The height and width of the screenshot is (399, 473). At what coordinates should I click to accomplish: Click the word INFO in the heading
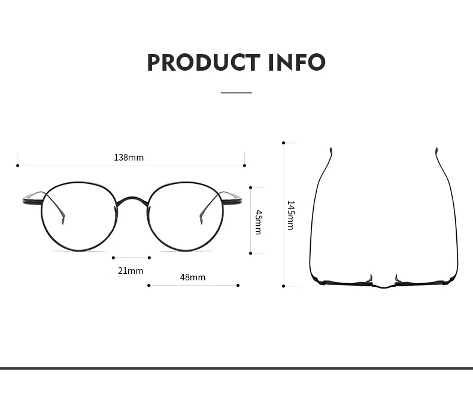[x=297, y=63]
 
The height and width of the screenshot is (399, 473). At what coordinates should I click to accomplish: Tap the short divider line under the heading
[x=236, y=93]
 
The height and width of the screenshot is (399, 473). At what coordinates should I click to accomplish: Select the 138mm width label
[x=129, y=158]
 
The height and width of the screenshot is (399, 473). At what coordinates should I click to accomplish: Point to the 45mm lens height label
[x=258, y=222]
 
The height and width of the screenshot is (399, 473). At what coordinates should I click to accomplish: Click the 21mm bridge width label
[x=131, y=271]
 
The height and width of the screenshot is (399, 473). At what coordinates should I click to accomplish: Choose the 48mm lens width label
[x=193, y=277]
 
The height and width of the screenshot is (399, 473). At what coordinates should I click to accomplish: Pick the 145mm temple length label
[x=290, y=216]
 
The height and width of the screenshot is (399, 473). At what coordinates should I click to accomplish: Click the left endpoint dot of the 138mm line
[x=18, y=165]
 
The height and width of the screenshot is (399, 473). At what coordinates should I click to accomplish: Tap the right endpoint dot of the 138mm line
[x=244, y=165]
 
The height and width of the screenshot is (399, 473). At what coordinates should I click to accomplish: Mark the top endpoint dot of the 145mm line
[x=284, y=143]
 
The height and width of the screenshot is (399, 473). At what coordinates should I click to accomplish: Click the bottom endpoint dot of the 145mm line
[x=284, y=286]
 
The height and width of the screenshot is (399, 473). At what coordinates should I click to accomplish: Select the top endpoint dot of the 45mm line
[x=251, y=188]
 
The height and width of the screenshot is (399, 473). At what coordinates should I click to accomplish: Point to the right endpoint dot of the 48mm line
[x=238, y=285]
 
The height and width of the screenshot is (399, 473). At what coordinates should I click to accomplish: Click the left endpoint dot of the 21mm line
[x=113, y=258]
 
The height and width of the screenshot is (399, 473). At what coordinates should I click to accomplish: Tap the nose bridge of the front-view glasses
[x=131, y=199]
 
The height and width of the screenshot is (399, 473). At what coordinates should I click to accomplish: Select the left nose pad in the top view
[x=370, y=279]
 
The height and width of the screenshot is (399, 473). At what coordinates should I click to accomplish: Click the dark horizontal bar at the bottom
[x=236, y=368]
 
